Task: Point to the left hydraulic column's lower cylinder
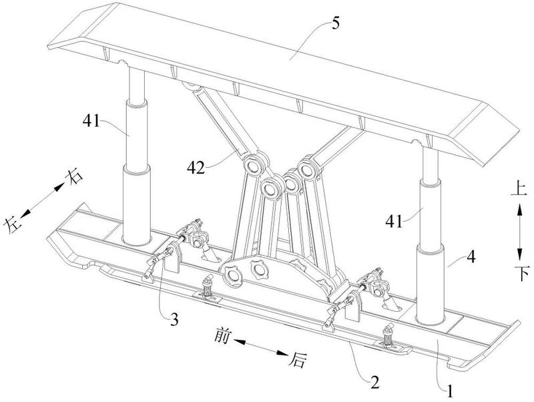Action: pos(136,207)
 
